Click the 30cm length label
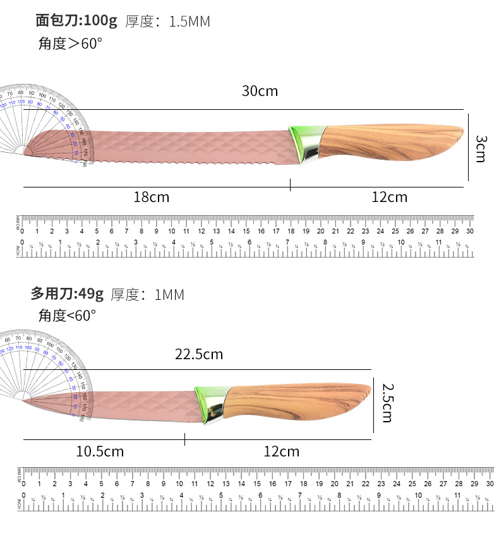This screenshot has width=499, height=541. pos(260,91)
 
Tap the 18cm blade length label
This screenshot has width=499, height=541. pos(152,197)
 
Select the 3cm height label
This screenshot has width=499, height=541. pos(481,148)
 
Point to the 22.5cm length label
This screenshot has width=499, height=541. pos(199,354)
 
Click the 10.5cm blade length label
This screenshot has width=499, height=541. pos(100,451)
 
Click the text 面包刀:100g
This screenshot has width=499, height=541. pos(76,21)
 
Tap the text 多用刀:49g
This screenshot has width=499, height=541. pos(67,294)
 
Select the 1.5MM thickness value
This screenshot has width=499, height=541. pos(189,21)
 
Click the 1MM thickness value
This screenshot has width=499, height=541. pos(169,294)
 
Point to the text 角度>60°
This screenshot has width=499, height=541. pos(70,44)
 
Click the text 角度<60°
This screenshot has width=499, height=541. pos(67,315)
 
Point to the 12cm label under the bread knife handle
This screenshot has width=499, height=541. pos(389,197)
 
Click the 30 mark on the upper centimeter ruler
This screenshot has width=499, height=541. pos(469,231)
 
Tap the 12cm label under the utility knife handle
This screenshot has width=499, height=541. pos(281,451)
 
